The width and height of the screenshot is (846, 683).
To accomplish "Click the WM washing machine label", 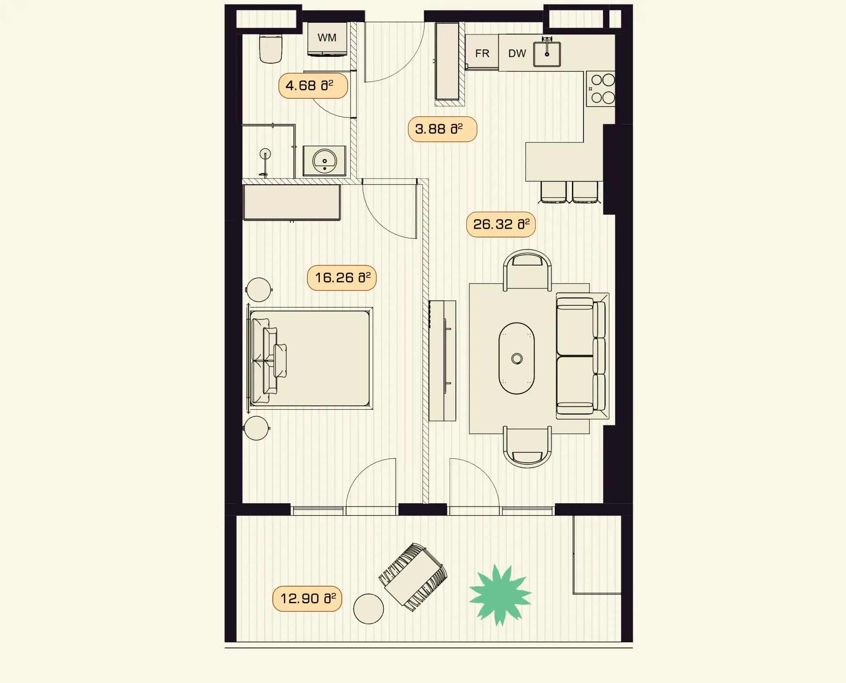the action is click(327, 38).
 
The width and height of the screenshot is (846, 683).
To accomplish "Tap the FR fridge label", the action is click(482, 53).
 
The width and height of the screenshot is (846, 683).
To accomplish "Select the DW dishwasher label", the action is click(517, 53).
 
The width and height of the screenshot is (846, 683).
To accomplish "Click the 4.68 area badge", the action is click(313, 85).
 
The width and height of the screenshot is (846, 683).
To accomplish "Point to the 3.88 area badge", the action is click(442, 129).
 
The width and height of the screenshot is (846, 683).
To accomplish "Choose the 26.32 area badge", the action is click(501, 224).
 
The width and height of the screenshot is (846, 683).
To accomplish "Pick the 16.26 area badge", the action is click(342, 278).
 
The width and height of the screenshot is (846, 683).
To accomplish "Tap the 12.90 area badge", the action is click(307, 598).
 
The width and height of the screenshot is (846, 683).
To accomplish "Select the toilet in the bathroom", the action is click(271, 49).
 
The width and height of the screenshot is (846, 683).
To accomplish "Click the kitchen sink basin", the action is click(547, 54).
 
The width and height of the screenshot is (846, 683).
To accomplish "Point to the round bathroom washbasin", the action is click(325, 161).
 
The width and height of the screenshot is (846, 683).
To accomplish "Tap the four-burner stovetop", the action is click(601, 89).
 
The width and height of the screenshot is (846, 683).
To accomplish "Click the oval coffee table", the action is click(517, 358).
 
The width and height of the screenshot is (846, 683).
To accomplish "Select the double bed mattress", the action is click(310, 358).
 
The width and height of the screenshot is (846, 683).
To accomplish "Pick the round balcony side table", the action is click(368, 609).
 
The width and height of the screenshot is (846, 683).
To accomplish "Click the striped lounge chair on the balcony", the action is click(413, 577).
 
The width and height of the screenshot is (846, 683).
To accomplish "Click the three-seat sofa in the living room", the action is click(582, 356).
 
